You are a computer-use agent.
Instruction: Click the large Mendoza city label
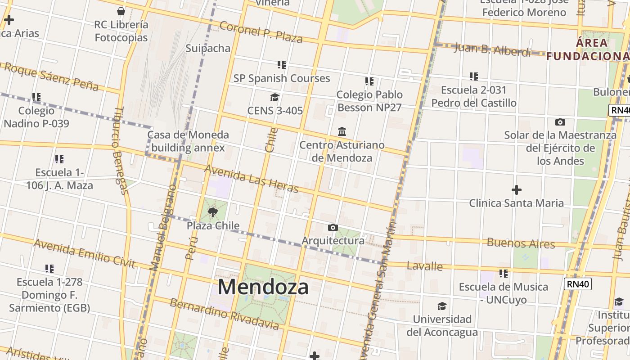click(263, 287)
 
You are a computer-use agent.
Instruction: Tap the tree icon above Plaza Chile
click(213, 211)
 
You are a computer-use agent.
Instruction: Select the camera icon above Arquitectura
click(333, 227)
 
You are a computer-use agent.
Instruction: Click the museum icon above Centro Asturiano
click(342, 131)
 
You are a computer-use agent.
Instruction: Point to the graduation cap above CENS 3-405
click(274, 97)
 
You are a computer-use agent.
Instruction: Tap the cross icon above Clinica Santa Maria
click(517, 190)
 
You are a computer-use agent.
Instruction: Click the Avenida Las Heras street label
click(251, 178)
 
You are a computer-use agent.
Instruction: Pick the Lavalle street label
click(424, 266)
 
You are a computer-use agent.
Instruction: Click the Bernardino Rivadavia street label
click(224, 314)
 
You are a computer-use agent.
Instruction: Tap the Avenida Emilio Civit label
click(84, 253)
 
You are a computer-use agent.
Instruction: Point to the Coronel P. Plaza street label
click(261, 31)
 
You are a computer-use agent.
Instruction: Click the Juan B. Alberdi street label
click(492, 49)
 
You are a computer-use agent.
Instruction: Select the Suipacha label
click(208, 48)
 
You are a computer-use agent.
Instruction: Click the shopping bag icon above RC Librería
click(121, 11)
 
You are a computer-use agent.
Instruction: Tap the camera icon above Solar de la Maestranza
click(560, 122)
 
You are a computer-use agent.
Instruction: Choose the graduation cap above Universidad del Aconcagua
click(442, 306)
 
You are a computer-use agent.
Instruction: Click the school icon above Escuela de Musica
click(504, 273)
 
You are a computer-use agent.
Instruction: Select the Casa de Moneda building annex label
click(188, 141)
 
